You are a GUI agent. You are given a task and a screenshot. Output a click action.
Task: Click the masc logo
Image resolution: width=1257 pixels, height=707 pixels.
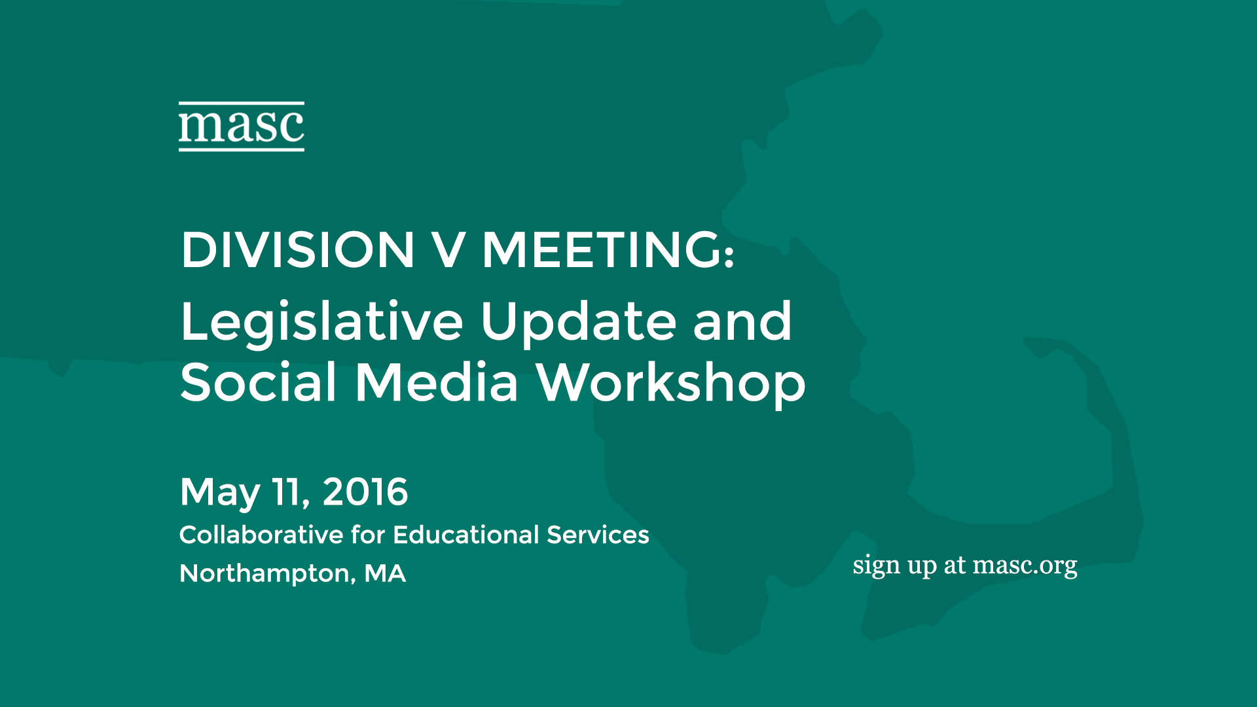(242, 126)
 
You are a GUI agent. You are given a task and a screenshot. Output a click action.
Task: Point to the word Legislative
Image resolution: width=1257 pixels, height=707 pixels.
(322, 322)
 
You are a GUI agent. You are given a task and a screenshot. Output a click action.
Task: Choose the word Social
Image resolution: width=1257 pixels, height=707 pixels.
(259, 382)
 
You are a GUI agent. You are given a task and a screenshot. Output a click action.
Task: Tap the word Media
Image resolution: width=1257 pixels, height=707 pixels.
(437, 382)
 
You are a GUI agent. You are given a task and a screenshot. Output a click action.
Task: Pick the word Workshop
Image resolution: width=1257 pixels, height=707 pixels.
(671, 384)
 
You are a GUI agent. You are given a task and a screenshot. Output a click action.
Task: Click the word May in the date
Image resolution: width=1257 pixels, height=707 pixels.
(220, 493)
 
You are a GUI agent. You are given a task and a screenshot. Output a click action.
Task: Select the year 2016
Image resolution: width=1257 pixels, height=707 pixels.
(365, 492)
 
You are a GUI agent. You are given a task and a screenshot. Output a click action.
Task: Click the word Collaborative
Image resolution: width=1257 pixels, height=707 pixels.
(261, 535)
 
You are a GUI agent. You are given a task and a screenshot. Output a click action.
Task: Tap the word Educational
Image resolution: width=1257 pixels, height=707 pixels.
(465, 535)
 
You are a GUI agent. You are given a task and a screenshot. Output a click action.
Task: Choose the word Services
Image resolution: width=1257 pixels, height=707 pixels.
(598, 535)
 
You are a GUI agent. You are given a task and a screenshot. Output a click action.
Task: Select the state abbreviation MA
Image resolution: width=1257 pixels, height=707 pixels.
(385, 573)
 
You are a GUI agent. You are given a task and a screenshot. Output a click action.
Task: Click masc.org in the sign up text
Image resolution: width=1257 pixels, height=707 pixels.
(1025, 566)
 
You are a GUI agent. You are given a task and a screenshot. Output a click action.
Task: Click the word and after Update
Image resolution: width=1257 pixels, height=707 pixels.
(742, 321)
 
